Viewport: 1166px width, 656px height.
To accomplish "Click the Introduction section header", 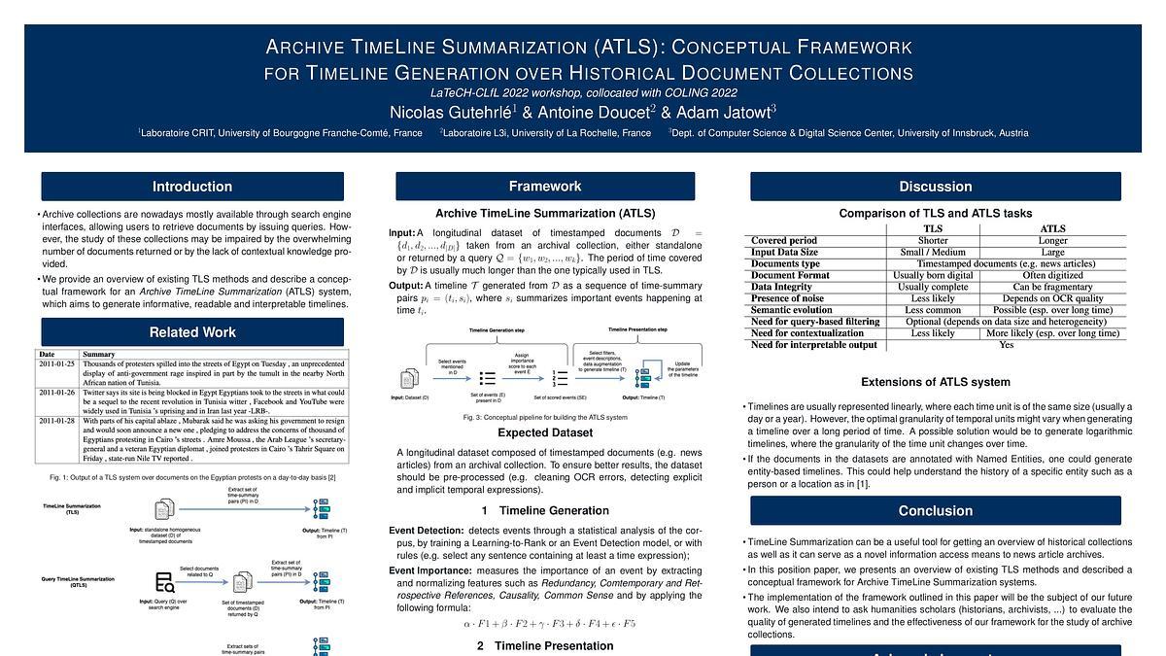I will pos(191,187).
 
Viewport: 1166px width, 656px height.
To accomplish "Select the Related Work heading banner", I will pos(191,332).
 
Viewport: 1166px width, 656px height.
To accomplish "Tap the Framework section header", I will pos(545,187).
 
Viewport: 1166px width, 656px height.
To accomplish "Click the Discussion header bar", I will pos(935,187).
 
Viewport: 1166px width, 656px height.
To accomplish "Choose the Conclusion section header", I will pos(935,510).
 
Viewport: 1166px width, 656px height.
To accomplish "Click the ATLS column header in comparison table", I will pos(1052,228).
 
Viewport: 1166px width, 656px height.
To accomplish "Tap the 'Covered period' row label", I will pos(784,240).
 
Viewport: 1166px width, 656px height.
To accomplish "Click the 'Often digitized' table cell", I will pos(1052,275).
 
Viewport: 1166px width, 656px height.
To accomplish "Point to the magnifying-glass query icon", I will pos(164,582).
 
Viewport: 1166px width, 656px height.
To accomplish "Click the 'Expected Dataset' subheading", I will pos(544,432).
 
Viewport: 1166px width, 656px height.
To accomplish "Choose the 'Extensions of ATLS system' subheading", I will pos(935,382).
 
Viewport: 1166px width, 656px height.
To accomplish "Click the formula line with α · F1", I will pos(544,623).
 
